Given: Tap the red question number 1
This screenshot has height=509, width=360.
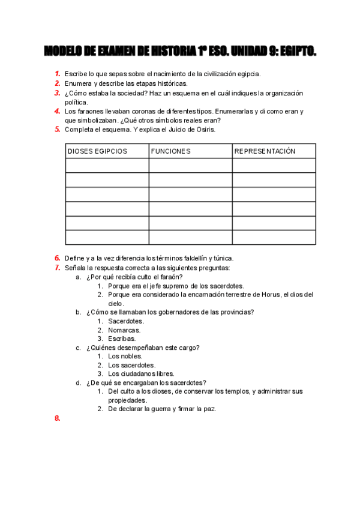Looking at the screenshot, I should (57, 74).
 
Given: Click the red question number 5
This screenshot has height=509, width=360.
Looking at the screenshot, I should (57, 129).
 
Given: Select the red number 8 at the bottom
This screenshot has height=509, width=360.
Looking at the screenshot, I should (57, 419).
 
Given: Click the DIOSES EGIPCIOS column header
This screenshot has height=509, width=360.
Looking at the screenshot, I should (97, 151).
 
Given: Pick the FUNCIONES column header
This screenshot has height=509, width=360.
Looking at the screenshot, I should (170, 151).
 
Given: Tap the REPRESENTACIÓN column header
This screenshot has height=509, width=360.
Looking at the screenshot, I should (265, 151).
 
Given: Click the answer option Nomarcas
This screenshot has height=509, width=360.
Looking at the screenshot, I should (124, 330).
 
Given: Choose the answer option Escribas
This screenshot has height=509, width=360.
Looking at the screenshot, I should (122, 339).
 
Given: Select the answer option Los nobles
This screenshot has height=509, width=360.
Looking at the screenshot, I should (125, 356).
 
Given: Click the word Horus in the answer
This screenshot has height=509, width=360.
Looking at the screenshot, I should (271, 295).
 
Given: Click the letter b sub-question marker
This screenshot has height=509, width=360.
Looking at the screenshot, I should (78, 312).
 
